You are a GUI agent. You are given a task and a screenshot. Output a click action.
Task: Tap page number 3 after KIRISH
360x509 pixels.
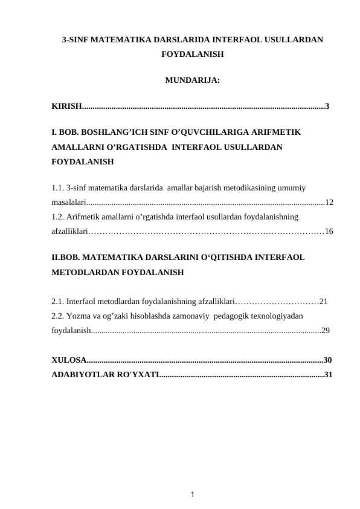pos(327,107)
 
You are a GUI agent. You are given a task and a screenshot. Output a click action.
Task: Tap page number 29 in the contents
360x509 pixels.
pos(326,331)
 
